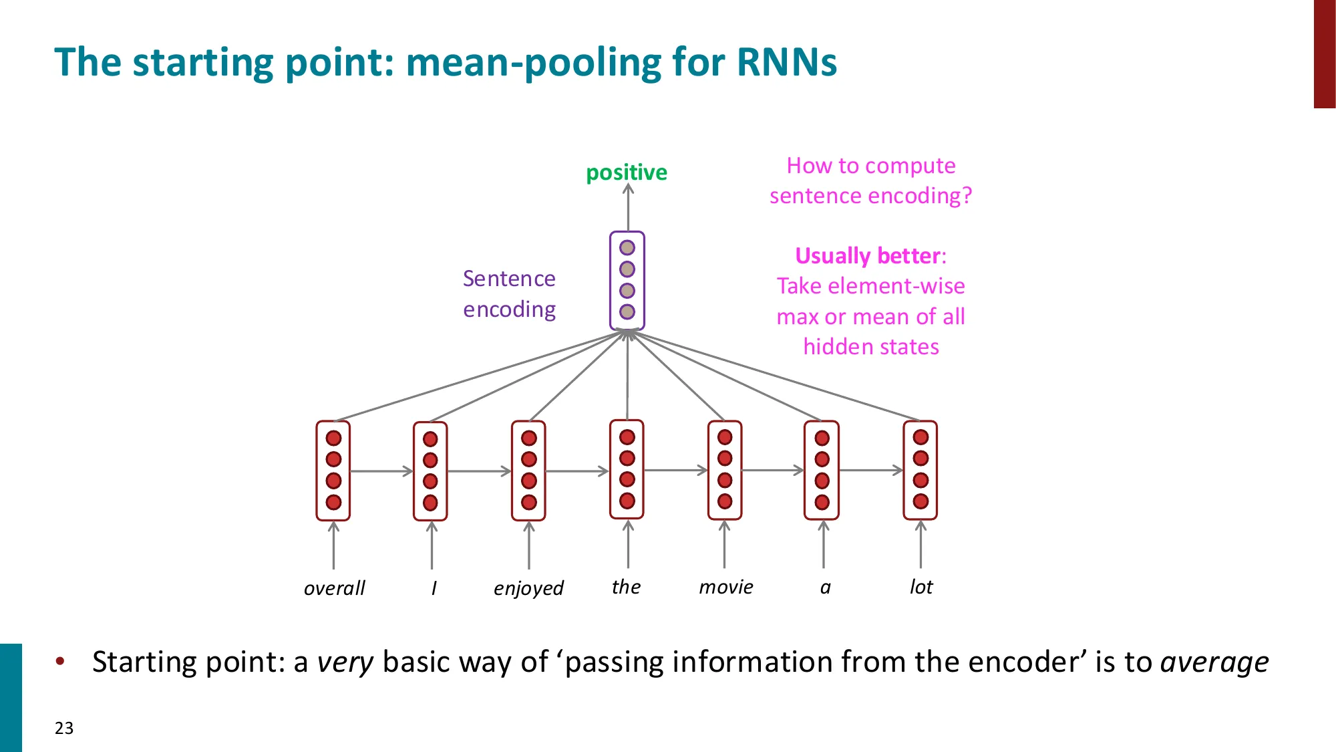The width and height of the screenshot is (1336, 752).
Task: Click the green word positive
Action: [626, 172]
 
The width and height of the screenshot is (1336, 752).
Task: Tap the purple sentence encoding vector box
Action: [627, 281]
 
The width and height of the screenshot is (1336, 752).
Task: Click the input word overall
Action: [334, 588]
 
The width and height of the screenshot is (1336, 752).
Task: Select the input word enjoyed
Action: [528, 588]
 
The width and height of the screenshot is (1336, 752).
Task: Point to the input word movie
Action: [725, 587]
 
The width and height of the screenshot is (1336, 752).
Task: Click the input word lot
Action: [921, 587]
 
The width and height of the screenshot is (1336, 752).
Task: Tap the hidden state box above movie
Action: [725, 470]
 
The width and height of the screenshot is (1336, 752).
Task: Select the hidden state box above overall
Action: [333, 471]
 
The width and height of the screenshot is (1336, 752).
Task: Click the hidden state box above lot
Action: [920, 470]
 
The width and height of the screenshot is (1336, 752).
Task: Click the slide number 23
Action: [64, 728]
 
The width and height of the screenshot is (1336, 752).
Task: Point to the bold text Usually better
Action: [868, 256]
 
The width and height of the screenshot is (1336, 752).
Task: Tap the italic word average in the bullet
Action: [1214, 662]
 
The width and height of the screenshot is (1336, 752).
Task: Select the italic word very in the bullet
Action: [345, 662]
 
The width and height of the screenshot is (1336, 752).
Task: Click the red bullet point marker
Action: [61, 662]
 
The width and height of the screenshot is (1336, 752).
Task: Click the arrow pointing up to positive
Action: [628, 207]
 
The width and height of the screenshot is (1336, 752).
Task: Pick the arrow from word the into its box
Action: [628, 545]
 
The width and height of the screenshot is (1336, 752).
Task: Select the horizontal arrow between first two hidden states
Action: [381, 471]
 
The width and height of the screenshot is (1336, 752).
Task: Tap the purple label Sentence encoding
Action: [509, 294]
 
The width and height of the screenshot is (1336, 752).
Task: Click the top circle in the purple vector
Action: [627, 248]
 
